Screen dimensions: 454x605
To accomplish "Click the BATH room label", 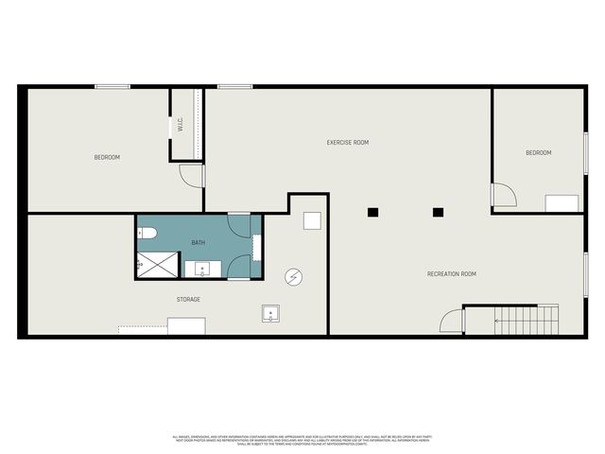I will click(x=199, y=242).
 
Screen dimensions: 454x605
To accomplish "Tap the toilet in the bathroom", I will click(x=147, y=233).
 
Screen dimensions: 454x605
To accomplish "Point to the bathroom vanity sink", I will click(x=202, y=270).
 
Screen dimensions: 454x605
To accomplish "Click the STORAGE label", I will click(x=188, y=300).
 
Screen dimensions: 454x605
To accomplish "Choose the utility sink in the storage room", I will click(x=270, y=313).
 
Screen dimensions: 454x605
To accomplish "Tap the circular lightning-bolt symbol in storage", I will click(x=294, y=275).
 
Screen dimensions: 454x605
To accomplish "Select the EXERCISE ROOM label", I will click(x=347, y=143).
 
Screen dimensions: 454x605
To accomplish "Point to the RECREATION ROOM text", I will click(x=451, y=274).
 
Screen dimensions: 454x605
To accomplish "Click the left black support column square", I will click(x=374, y=212).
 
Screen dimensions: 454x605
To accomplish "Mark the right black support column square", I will click(x=438, y=212).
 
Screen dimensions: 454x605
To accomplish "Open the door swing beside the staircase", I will click(x=452, y=320).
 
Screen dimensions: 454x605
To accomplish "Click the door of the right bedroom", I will click(x=503, y=195).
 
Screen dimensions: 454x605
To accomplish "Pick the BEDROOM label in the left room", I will click(x=107, y=157).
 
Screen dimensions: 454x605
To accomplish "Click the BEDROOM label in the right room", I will click(x=538, y=152).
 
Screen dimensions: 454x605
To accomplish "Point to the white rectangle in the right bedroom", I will click(x=562, y=203).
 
